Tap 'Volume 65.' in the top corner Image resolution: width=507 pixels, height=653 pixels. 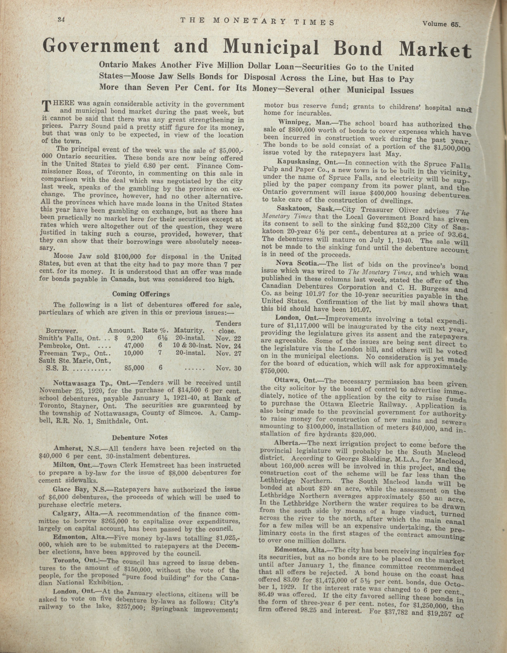(442, 24)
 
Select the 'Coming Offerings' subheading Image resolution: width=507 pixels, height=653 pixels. (141, 294)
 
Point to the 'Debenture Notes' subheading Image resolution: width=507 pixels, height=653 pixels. (140, 437)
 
